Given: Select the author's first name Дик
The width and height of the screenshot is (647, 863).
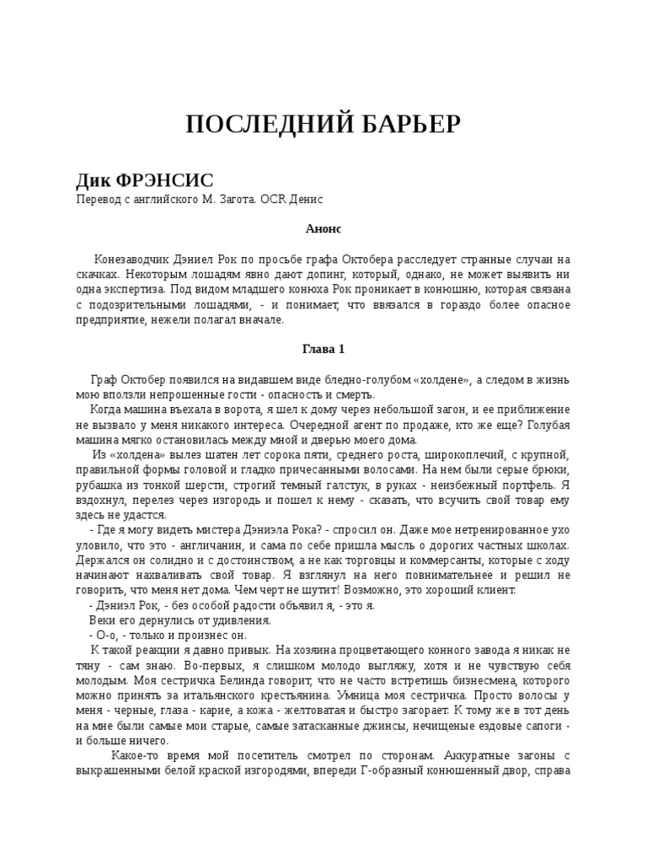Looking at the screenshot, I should pos(94,181).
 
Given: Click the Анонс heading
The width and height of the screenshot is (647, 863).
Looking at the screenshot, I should pos(323,228).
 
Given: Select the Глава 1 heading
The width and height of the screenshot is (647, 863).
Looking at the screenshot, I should pos(323,349).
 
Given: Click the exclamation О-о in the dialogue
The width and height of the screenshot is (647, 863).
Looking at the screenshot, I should pos(104,635).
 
